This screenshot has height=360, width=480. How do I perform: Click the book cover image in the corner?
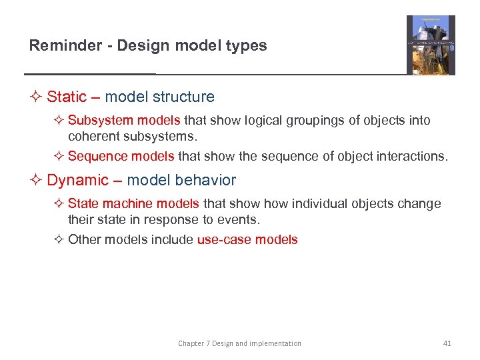[x=431, y=45]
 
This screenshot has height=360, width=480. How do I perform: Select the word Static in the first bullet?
[x=67, y=97]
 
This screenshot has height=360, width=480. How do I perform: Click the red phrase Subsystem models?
[x=124, y=121]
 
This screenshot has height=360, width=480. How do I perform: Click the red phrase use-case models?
[x=247, y=240]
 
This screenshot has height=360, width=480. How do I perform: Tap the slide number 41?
[x=447, y=343]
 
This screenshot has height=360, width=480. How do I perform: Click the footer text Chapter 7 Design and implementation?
[x=239, y=343]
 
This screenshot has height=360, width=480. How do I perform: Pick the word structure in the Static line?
[x=185, y=97]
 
